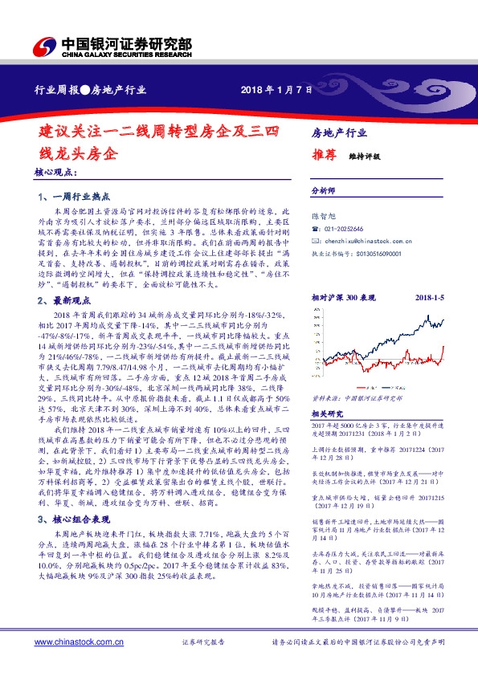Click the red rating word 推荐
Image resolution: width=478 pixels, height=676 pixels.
[324, 157]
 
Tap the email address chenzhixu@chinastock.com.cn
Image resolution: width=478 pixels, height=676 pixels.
[368, 240]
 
